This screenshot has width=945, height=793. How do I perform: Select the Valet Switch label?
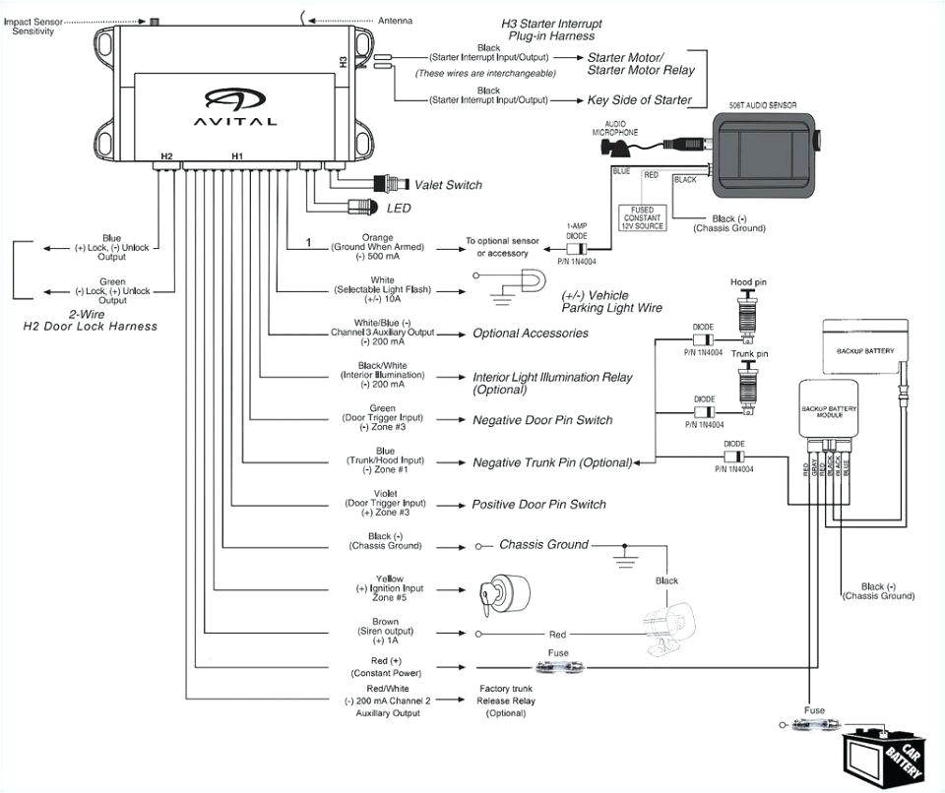(x=448, y=185)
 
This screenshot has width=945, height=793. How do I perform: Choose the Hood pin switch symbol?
(x=748, y=313)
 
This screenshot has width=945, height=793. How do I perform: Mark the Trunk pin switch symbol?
(x=748, y=385)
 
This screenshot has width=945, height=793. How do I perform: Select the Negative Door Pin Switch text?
(x=541, y=420)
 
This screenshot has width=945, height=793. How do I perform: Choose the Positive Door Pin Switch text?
(x=538, y=504)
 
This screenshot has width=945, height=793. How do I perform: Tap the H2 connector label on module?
(x=166, y=156)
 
